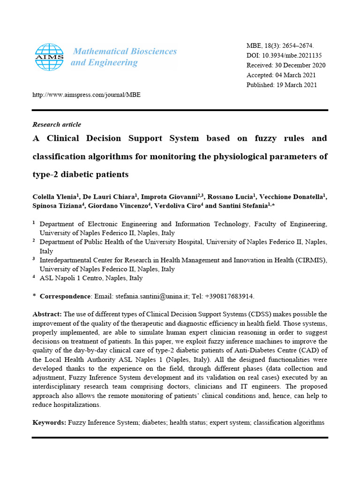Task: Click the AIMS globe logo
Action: [49, 57]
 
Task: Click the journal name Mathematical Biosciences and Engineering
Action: [124, 57]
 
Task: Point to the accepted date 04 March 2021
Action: [296, 75]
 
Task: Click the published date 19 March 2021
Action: [297, 85]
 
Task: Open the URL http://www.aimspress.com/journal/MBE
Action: [86, 95]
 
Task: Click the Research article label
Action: [56, 125]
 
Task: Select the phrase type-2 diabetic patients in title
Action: [80, 174]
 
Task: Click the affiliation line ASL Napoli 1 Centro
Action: [91, 278]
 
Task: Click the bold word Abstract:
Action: [47, 314]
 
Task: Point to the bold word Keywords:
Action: [49, 422]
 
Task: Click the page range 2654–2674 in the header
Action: [297, 45]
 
